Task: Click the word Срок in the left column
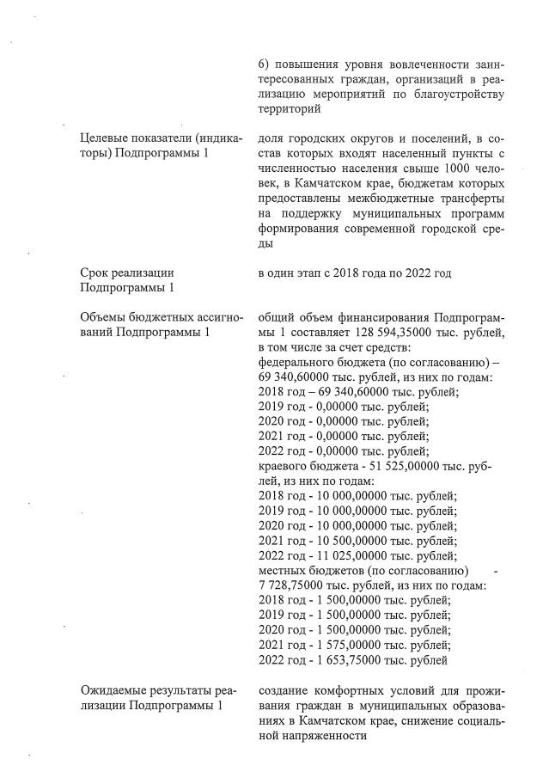pos(94,273)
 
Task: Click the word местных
pos(282,570)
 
